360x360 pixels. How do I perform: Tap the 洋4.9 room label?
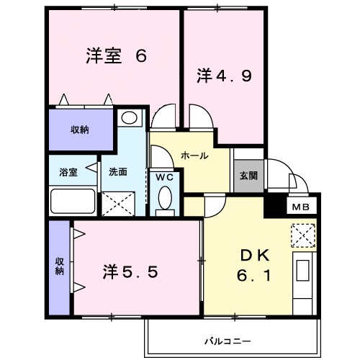tap(224, 74)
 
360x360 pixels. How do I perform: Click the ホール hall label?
tap(194, 155)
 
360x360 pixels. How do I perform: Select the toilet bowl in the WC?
tap(164, 198)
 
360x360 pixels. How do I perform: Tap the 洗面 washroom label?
tap(118, 171)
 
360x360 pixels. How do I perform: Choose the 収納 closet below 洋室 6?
tap(80, 130)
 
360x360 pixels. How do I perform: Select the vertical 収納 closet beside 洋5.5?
tap(59, 266)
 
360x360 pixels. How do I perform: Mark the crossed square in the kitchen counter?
tap(301, 235)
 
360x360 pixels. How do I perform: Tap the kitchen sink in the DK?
tap(302, 272)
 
